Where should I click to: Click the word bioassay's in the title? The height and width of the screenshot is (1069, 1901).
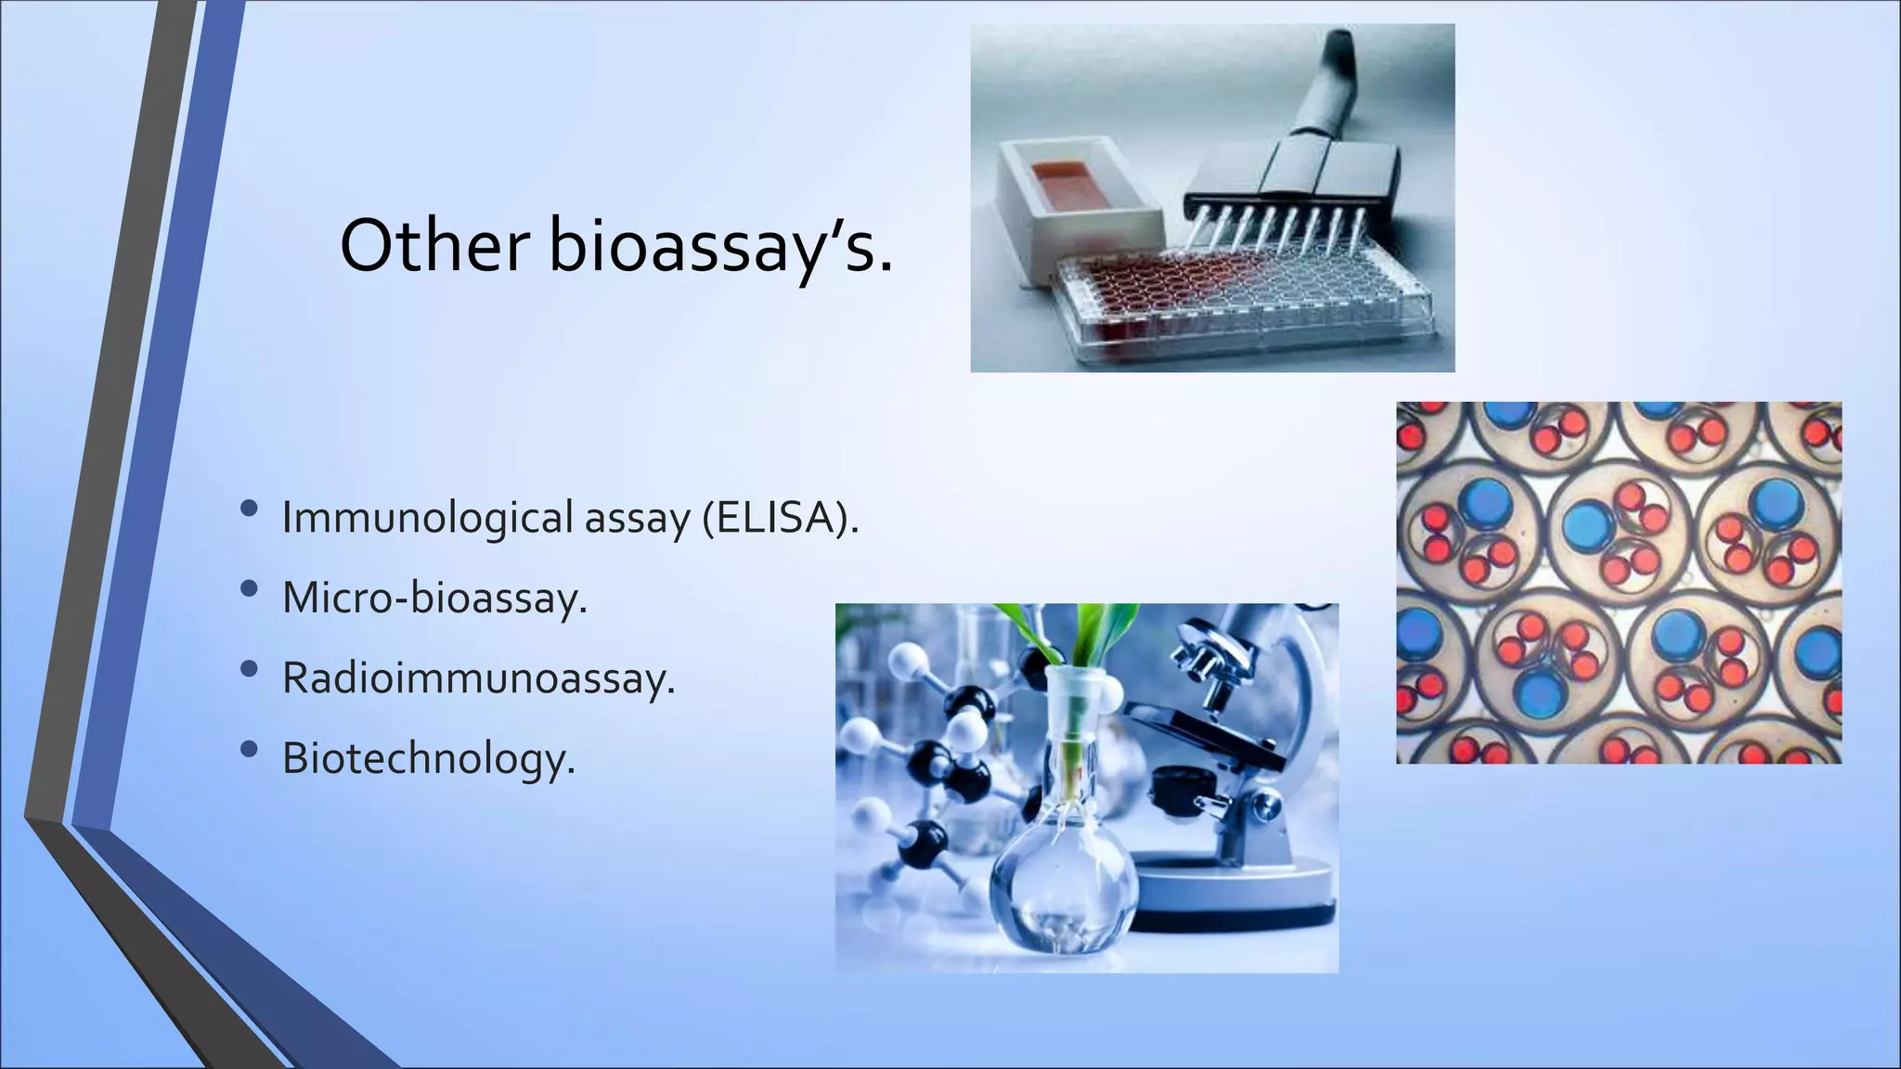pyautogui.click(x=720, y=246)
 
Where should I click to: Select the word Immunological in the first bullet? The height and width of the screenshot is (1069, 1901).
pyautogui.click(x=427, y=518)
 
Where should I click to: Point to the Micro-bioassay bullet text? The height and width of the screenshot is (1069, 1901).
pyautogui.click(x=434, y=598)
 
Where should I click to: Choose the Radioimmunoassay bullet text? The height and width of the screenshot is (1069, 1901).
pyautogui.click(x=478, y=678)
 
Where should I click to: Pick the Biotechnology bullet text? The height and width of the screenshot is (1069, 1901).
pyautogui.click(x=429, y=758)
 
